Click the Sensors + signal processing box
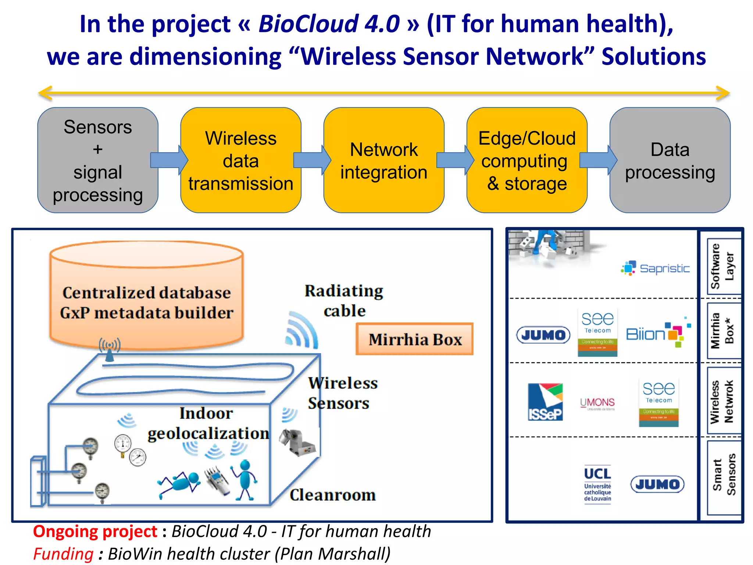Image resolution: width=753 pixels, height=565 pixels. tap(97, 160)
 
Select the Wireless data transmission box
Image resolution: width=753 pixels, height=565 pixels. tap(241, 160)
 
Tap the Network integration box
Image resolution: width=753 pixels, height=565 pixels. tap(383, 160)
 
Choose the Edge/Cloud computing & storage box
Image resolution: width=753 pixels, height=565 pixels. tap(527, 160)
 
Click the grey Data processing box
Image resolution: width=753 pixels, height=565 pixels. tap(670, 160)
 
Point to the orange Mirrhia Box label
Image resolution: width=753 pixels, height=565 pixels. tap(414, 339)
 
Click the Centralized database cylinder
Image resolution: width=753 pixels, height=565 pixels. tap(146, 294)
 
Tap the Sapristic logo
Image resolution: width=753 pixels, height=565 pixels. tap(655, 268)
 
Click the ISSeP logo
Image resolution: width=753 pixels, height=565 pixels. tap(545, 402)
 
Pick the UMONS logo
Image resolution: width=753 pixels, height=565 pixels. tap(597, 403)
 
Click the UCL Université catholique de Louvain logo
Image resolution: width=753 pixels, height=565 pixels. tap(597, 484)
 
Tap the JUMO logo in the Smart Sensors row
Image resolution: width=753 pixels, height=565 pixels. tap(657, 484)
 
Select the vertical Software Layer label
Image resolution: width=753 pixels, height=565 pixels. tap(722, 266)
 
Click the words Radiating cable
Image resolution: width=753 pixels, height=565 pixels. tap(344, 301)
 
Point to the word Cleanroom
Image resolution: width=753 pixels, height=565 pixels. tap(332, 495)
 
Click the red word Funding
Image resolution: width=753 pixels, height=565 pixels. tap(63, 554)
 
